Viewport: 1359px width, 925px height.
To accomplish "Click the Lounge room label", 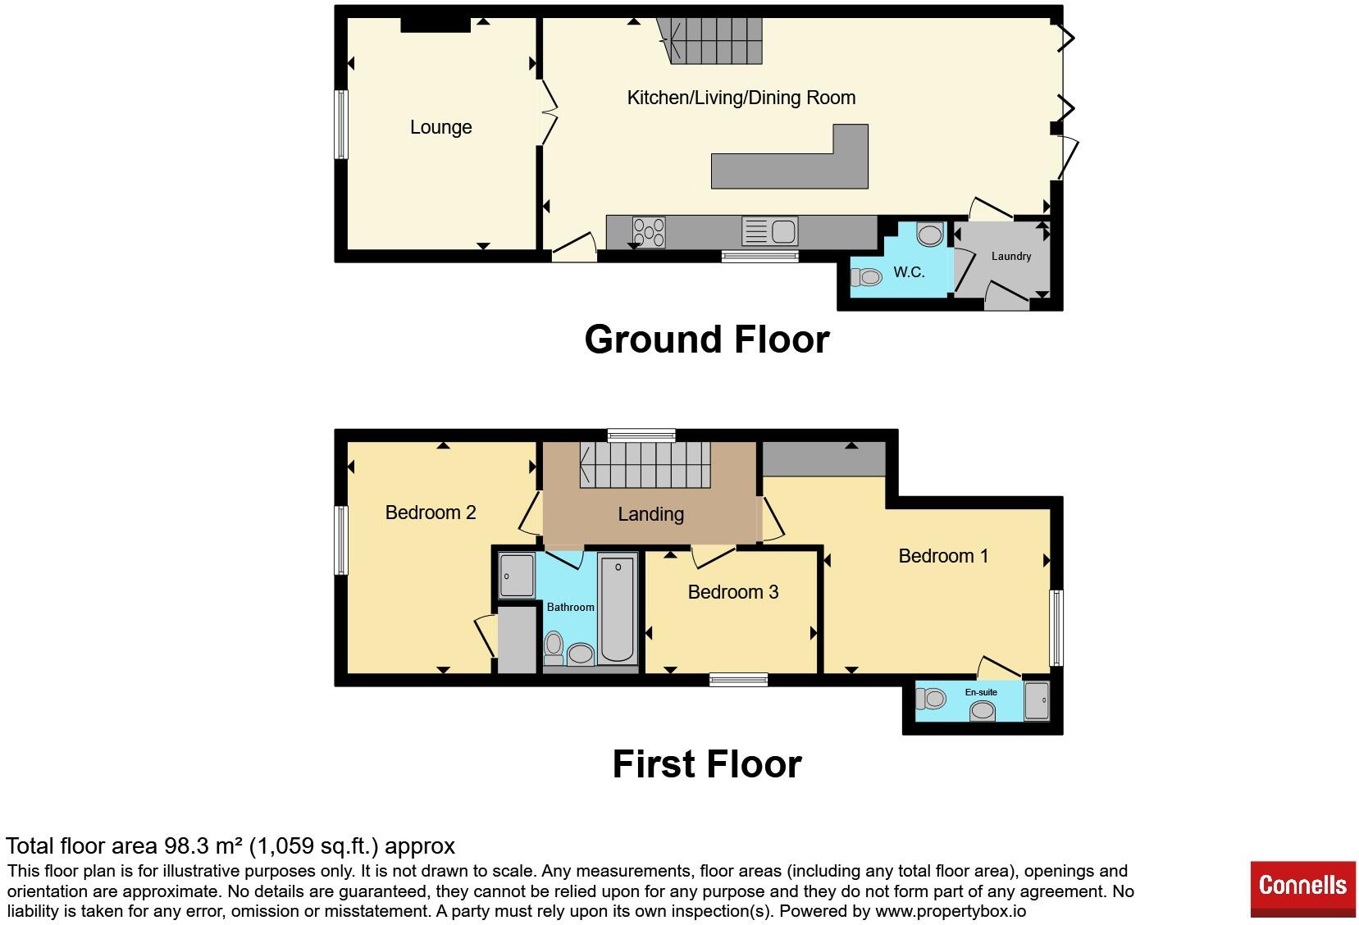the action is tap(440, 127).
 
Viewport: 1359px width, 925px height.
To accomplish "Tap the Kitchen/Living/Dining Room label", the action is tap(741, 98).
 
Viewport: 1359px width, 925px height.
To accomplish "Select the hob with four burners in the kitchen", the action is tap(649, 232).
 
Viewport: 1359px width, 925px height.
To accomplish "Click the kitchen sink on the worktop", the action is tap(769, 232).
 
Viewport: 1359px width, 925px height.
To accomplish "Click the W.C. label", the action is tap(909, 272).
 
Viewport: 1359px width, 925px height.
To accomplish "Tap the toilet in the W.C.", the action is tap(866, 278).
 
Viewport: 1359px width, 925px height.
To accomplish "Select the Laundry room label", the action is tap(1010, 256).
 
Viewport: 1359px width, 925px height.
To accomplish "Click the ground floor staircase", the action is tap(709, 41).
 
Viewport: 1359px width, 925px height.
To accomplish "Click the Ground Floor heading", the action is tap(707, 339).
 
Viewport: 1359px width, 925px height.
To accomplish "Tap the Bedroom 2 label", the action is tap(430, 513).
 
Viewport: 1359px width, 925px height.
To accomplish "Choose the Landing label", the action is tap(650, 514).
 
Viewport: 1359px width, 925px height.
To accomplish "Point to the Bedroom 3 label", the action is tap(733, 592).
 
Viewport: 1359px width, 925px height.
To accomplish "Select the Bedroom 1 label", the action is tap(943, 556).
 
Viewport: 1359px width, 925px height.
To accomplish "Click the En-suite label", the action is tap(981, 692).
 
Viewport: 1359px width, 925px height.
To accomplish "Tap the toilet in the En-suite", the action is tap(931, 699).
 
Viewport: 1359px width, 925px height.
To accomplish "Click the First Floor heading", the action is tap(707, 763).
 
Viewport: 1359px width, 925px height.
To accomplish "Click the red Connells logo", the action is tap(1303, 889).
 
